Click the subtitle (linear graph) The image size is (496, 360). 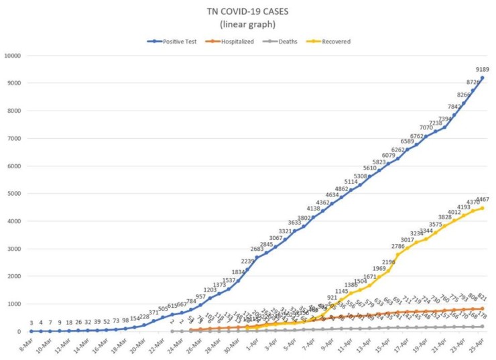pyautogui.click(x=249, y=25)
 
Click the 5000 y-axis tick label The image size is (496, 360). pyautogui.click(x=16, y=193)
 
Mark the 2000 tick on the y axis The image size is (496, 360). pyautogui.click(x=16, y=276)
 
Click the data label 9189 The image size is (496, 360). pyautogui.click(x=482, y=69)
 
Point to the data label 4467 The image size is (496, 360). pyautogui.click(x=482, y=200)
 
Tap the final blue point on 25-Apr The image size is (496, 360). pyautogui.click(x=482, y=78)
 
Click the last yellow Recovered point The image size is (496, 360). pyautogui.click(x=482, y=208)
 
